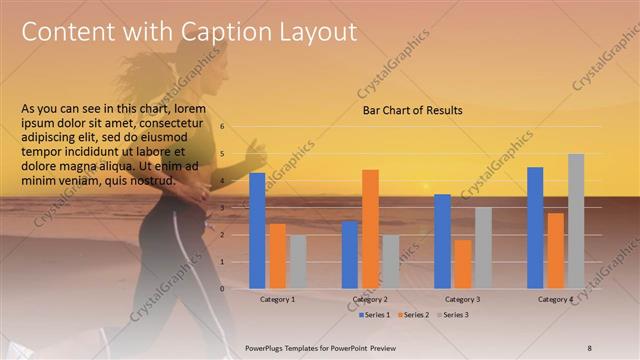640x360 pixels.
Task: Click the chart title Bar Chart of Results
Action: pyautogui.click(x=412, y=111)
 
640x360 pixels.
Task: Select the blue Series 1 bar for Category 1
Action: pyautogui.click(x=257, y=230)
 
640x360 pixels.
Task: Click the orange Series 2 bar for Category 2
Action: pyautogui.click(x=370, y=228)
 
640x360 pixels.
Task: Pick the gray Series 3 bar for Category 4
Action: pyautogui.click(x=576, y=220)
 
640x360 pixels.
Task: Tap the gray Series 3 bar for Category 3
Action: pyautogui.click(x=483, y=247)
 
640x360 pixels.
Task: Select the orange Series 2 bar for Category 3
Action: pyautogui.click(x=463, y=263)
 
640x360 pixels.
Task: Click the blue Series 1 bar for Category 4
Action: pyautogui.click(x=535, y=227)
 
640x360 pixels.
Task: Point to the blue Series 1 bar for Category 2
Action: pyautogui.click(x=350, y=254)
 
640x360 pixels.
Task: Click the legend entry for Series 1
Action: pyautogui.click(x=375, y=315)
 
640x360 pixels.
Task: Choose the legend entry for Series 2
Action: pyautogui.click(x=412, y=315)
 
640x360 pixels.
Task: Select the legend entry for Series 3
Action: pyautogui.click(x=451, y=315)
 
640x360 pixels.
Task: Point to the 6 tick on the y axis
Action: pyautogui.click(x=222, y=127)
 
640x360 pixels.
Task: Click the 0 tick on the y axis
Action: pyautogui.click(x=222, y=288)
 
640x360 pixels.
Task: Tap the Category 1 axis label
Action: pyautogui.click(x=277, y=299)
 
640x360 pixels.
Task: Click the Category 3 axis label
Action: pyautogui.click(x=463, y=299)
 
